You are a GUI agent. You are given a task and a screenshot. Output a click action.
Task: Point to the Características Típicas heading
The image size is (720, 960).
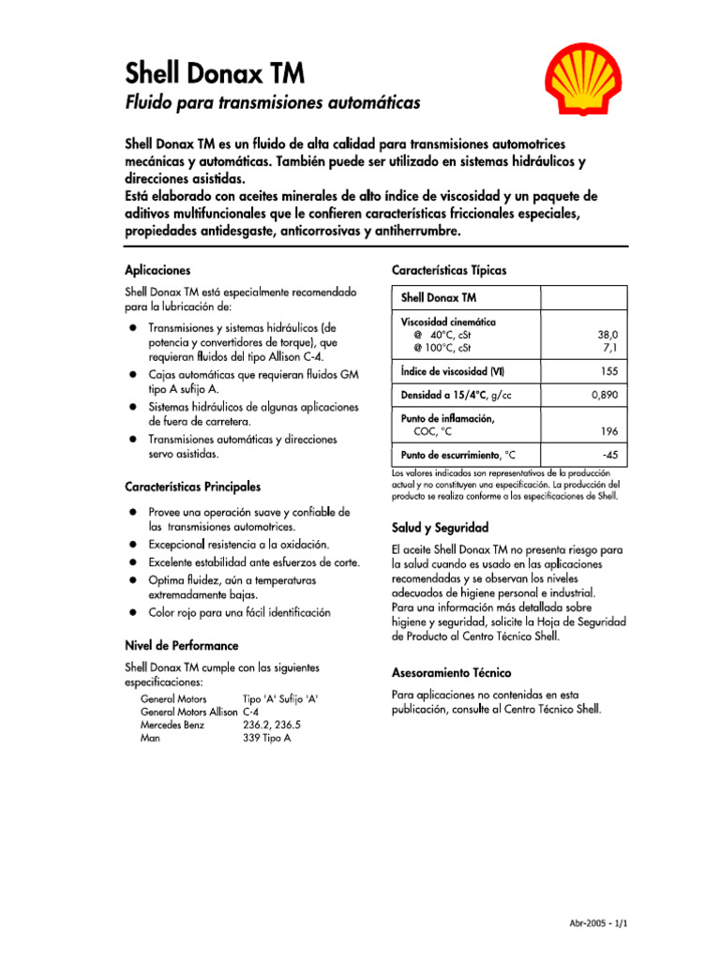point(448,270)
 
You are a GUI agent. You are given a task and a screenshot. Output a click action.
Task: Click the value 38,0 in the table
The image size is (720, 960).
point(607,334)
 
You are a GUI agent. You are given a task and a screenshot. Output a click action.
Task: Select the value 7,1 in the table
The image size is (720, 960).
point(610,347)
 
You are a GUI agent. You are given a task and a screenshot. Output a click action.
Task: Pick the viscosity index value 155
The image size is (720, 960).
point(609,371)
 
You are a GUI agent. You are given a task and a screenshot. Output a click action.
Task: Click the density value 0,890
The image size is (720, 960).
point(605,396)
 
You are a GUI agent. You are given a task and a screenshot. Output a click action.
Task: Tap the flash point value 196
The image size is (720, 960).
point(609,432)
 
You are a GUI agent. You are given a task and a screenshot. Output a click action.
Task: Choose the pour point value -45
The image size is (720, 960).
point(609,455)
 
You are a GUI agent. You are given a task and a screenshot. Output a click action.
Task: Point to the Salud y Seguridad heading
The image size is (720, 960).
point(440,527)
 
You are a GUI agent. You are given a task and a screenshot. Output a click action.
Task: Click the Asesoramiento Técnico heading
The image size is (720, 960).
point(451,673)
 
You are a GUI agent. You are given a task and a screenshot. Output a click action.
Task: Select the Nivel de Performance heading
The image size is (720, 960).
point(181,646)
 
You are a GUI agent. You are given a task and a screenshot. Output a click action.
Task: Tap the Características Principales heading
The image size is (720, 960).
point(193,487)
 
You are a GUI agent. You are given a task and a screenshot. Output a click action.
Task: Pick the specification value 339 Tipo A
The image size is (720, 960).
point(266,738)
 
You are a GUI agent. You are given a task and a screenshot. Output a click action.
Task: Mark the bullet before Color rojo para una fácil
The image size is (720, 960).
point(134,612)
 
